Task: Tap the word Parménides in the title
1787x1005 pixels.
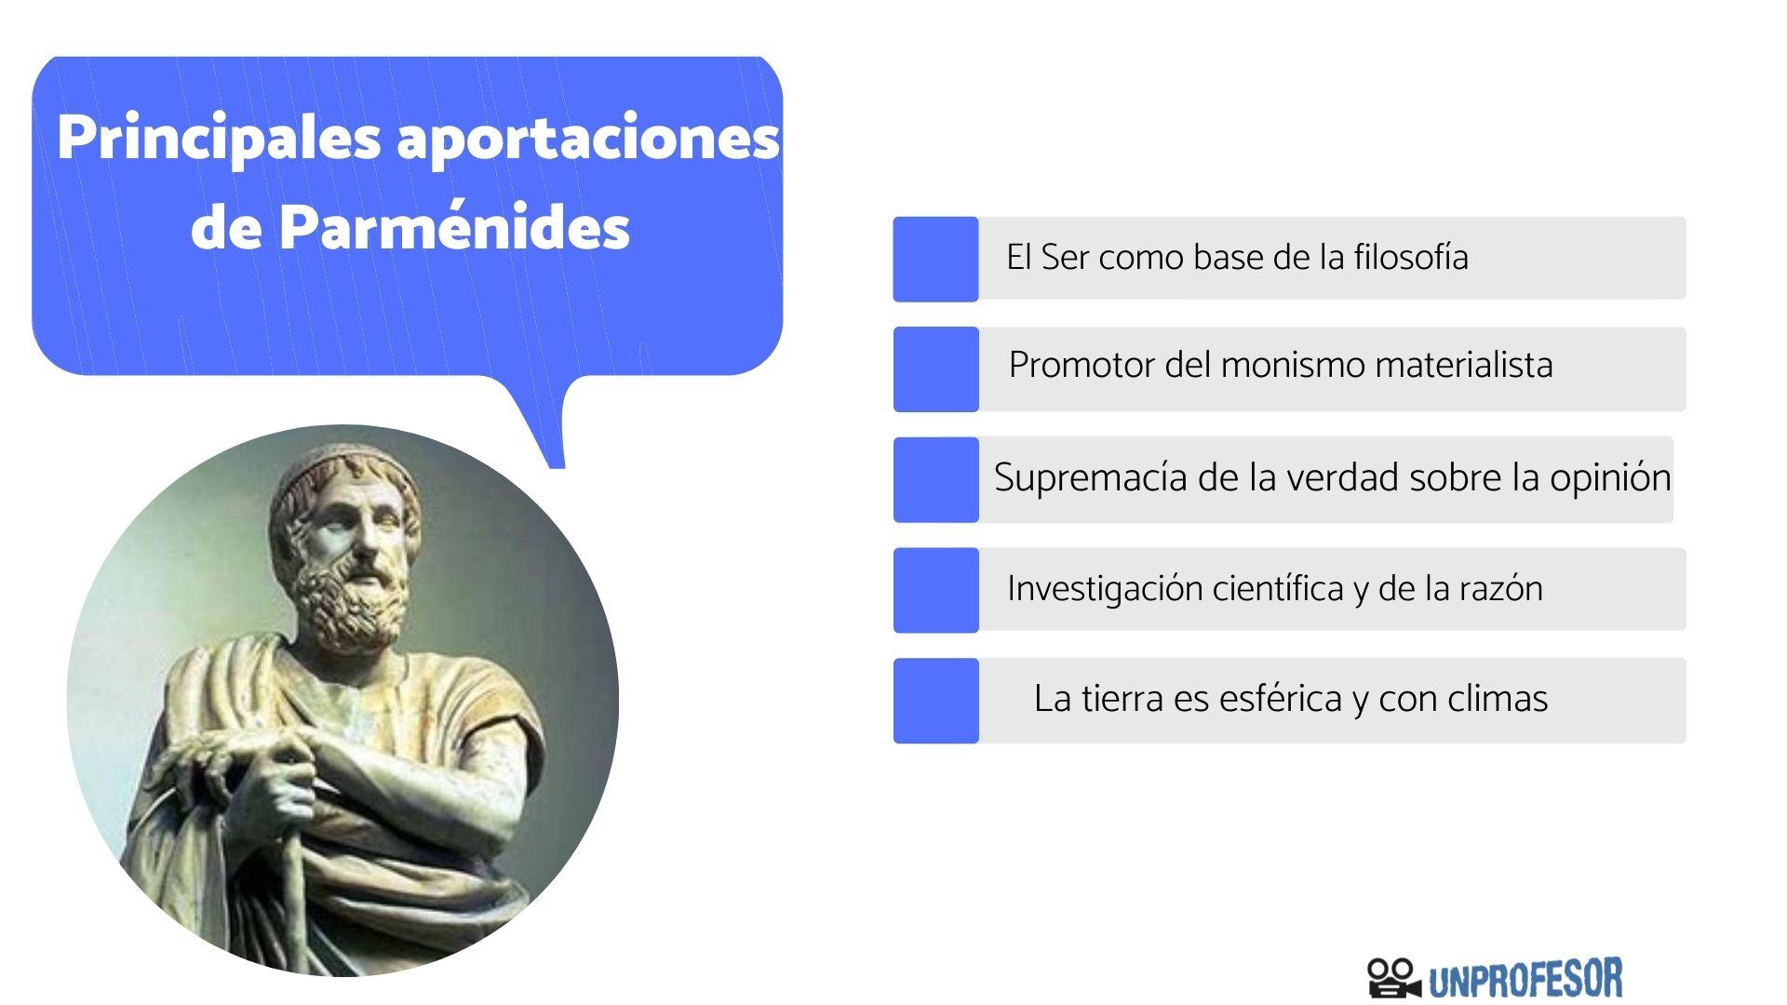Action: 454,227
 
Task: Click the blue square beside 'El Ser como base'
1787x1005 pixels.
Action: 935,259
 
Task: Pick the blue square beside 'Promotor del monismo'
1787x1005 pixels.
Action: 935,368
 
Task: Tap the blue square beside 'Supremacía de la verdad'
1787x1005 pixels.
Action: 935,479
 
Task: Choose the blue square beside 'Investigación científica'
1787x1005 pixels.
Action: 935,590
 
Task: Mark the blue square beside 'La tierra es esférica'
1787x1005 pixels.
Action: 935,701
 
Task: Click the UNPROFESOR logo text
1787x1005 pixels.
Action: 1525,979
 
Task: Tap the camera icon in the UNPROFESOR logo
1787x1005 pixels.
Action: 1394,978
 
